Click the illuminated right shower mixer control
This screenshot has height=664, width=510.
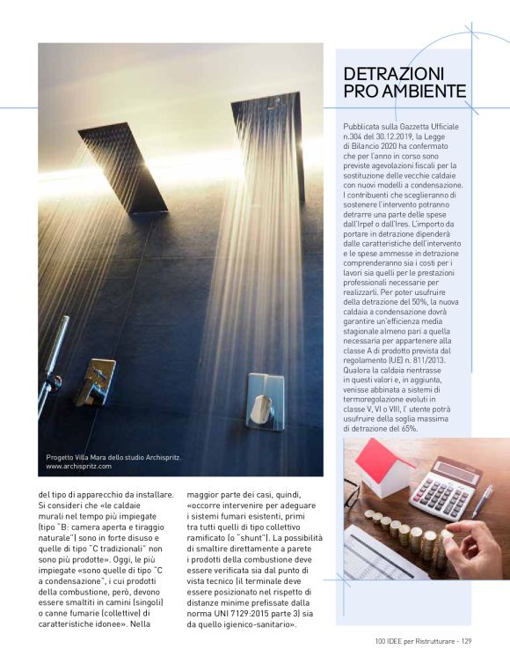pos(265,402)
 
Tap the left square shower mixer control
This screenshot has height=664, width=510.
pos(95,381)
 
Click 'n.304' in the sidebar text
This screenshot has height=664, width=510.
pos(357,137)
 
